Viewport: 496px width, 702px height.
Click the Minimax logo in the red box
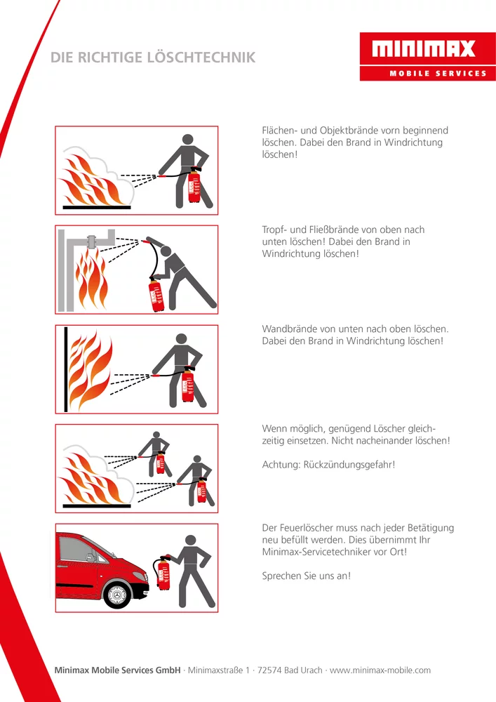pos(423,49)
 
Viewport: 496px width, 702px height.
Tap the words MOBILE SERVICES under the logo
pos(438,73)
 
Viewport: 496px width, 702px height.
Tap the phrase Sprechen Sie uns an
pos(306,576)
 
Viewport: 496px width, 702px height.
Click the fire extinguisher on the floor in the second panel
pos(157,294)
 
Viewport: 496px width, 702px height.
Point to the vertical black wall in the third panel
pos(66,369)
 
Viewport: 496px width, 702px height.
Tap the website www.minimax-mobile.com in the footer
pos(380,670)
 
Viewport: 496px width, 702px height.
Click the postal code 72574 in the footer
pos(269,670)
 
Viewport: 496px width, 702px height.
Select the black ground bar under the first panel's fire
pos(97,208)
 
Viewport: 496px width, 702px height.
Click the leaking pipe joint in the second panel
pos(92,241)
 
